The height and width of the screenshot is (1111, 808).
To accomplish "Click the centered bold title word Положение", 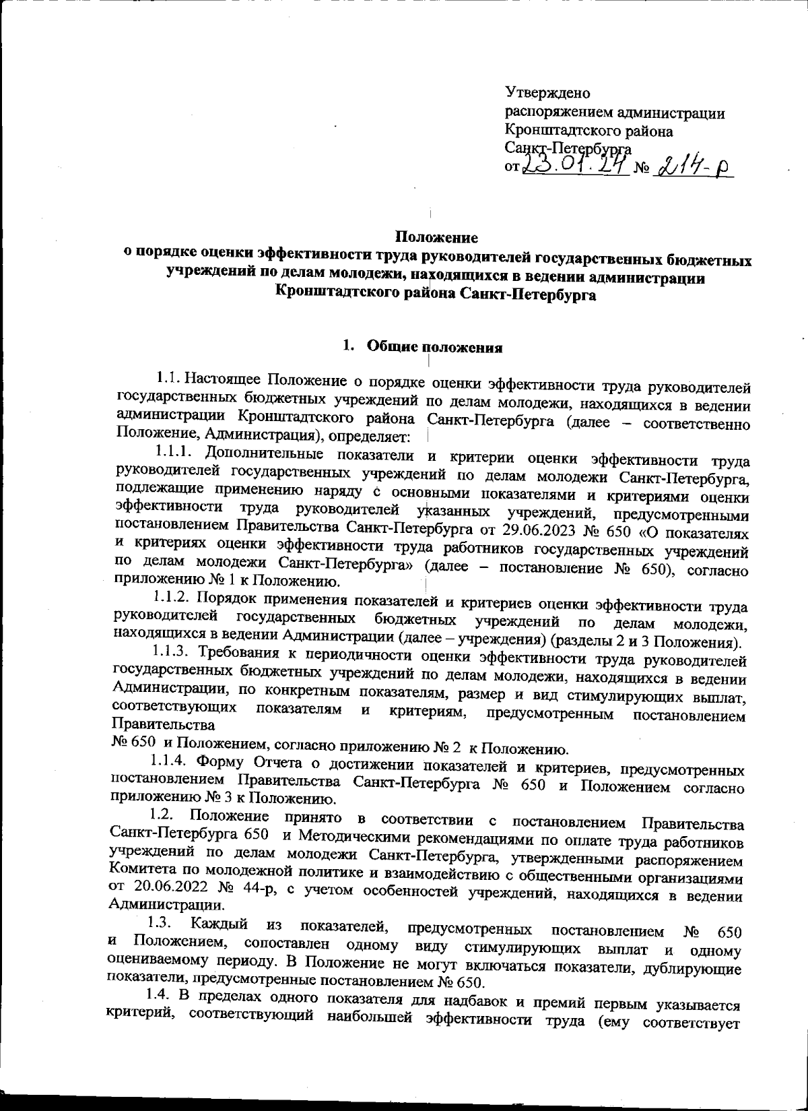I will (436, 237).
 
